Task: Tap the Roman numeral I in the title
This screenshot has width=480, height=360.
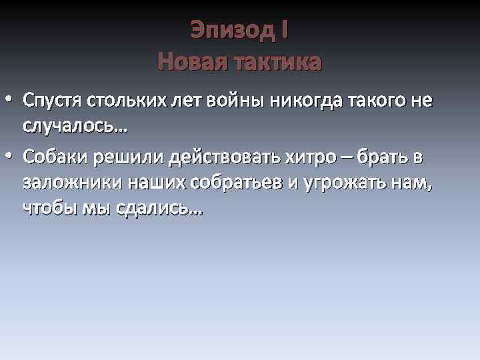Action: coord(285,30)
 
